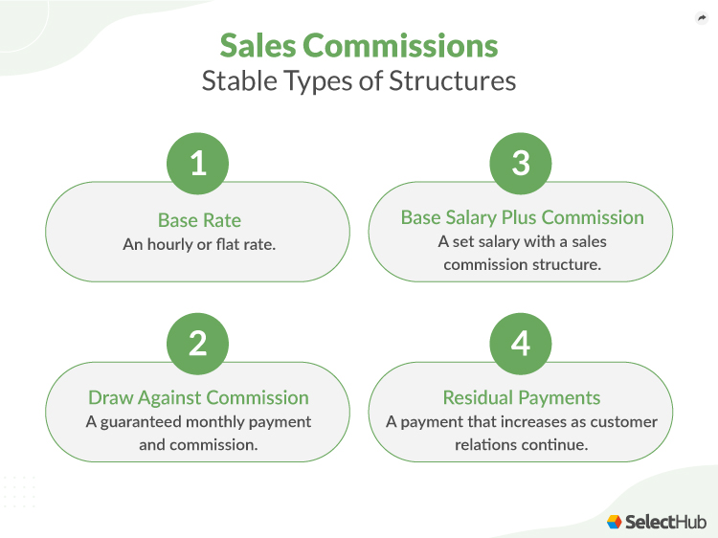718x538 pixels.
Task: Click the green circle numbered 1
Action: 198,164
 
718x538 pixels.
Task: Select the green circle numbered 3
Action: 521,164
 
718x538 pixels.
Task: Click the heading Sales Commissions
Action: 359,47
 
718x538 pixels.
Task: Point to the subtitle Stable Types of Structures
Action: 359,80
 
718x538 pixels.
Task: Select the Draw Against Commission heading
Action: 198,397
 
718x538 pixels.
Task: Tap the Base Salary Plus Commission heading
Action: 522,217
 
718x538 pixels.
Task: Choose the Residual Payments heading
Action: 522,397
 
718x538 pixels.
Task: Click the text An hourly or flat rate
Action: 198,244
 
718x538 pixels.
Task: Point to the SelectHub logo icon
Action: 615,522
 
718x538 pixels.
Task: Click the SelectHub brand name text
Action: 665,522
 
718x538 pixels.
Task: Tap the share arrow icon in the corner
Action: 700,18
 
